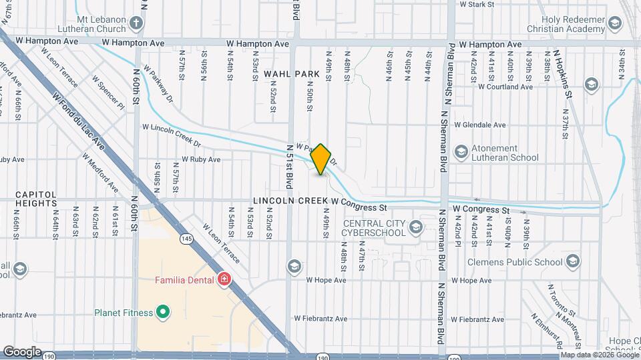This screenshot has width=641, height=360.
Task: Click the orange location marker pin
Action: point(321,159)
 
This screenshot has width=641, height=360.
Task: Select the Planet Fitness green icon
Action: point(162,311)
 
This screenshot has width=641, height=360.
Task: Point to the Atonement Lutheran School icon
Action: point(460,152)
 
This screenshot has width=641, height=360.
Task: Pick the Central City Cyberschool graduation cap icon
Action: point(416,228)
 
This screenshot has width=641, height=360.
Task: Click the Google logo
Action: point(22,351)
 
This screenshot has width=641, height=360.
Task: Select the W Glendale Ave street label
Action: point(480,125)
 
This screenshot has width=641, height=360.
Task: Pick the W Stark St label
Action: point(477,4)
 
